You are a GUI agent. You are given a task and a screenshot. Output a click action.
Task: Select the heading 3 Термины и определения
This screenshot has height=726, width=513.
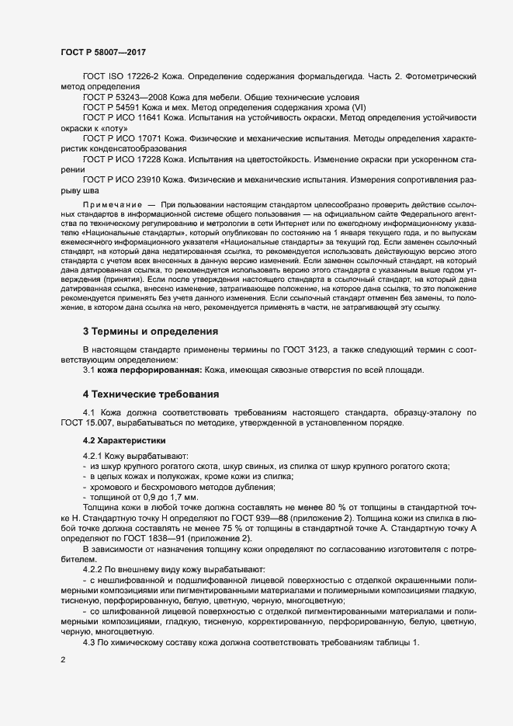point(151,332)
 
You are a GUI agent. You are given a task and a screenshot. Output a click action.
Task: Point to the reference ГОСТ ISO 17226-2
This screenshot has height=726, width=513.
point(120,77)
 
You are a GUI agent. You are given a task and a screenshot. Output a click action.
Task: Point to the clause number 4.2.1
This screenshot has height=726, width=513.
point(94,455)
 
